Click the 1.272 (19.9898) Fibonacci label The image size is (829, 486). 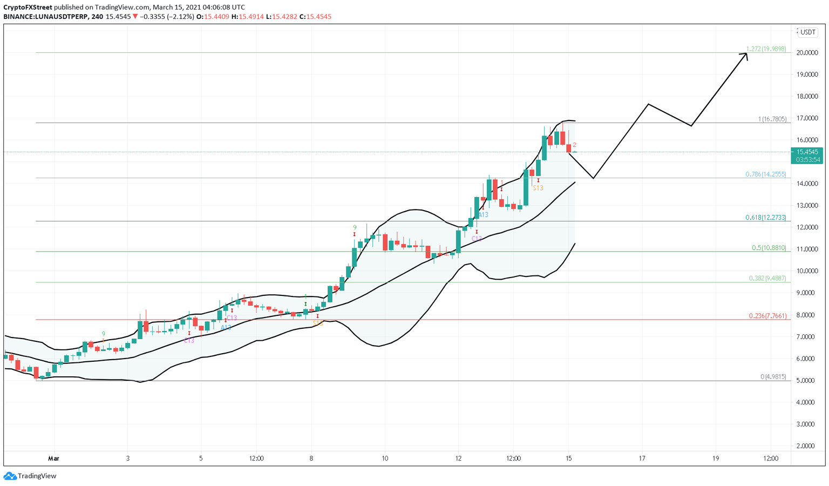coord(766,49)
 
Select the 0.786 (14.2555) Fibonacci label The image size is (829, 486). coord(765,174)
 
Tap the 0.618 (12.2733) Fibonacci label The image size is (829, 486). coord(765,218)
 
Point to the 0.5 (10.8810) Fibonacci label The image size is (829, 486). coord(769,248)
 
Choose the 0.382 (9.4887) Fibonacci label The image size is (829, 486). coord(767,279)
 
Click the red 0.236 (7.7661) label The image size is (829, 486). coord(767,316)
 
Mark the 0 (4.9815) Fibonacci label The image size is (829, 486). coord(773,377)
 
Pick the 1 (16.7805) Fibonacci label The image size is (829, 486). coord(772,119)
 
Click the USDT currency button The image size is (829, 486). coord(807,32)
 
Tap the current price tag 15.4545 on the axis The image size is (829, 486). coord(807,152)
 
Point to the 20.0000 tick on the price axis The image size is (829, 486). coord(806,53)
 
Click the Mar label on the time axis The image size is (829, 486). coord(53,458)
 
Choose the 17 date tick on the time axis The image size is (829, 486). coord(642,458)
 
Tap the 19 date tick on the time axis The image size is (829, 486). coord(716,458)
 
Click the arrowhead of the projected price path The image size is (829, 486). coord(746,55)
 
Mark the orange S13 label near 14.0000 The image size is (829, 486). coord(538,188)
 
